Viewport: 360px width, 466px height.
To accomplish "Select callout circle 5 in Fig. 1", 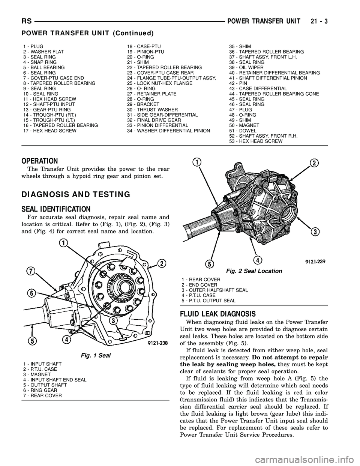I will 33,341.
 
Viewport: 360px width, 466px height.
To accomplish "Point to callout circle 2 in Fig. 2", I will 314,162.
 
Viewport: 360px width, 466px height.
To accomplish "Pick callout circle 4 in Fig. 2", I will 257,259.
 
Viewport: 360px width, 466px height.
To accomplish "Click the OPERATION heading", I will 39,161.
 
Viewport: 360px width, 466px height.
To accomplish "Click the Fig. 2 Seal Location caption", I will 254,271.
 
